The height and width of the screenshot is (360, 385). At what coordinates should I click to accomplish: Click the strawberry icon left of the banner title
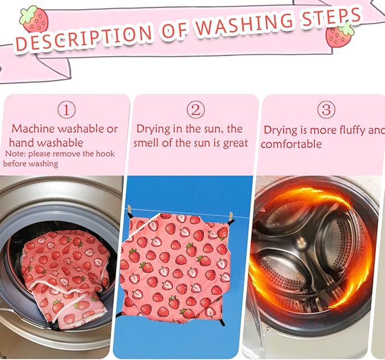pos(34,20)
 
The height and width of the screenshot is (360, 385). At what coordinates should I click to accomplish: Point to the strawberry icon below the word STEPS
pos(340,35)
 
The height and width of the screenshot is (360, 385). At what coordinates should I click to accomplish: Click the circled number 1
pos(66,110)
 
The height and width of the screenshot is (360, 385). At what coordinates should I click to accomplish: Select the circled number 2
pos(196,110)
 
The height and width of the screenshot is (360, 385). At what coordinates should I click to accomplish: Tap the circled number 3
pos(327,110)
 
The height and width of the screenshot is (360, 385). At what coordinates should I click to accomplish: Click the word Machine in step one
pos(33,129)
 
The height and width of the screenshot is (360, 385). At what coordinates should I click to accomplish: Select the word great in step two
pos(235,143)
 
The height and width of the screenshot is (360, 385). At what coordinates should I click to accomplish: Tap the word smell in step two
pos(146,143)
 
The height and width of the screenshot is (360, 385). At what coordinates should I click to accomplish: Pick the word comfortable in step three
pos(291,144)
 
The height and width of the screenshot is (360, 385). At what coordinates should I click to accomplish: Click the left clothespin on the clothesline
pos(129,210)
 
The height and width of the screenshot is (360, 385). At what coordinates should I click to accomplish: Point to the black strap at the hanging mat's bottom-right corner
pos(223,320)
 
